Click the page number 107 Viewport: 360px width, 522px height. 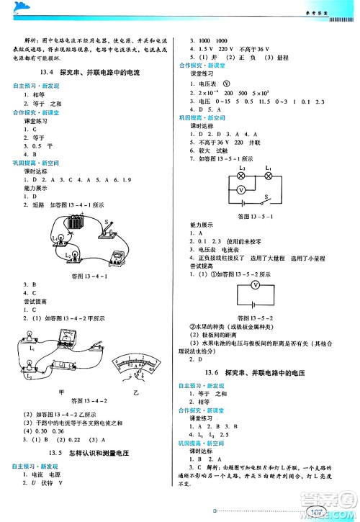click(x=316, y=512)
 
